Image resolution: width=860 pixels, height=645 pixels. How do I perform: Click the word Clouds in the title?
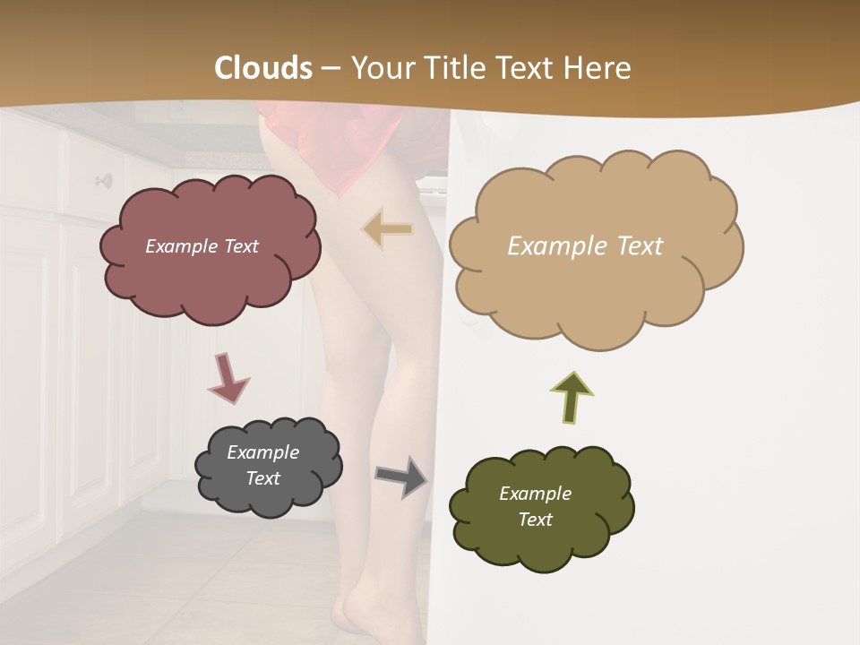click(x=264, y=68)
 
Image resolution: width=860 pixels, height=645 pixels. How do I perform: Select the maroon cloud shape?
click(x=210, y=269)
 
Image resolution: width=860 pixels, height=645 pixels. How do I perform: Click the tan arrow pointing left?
click(x=388, y=229)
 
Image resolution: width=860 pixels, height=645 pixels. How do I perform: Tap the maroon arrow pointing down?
click(x=228, y=377)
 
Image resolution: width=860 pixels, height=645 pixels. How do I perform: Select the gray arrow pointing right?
click(x=401, y=476)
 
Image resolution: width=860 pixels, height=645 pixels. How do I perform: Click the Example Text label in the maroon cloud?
click(x=202, y=246)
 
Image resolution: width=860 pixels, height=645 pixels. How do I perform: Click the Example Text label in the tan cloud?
click(x=585, y=246)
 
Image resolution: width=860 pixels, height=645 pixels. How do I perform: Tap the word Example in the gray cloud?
click(x=262, y=452)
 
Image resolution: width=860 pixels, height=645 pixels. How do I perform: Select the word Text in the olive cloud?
click(x=535, y=520)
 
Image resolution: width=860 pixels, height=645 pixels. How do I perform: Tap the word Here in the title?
click(x=601, y=68)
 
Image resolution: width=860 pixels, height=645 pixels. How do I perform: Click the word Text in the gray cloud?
click(x=262, y=478)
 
